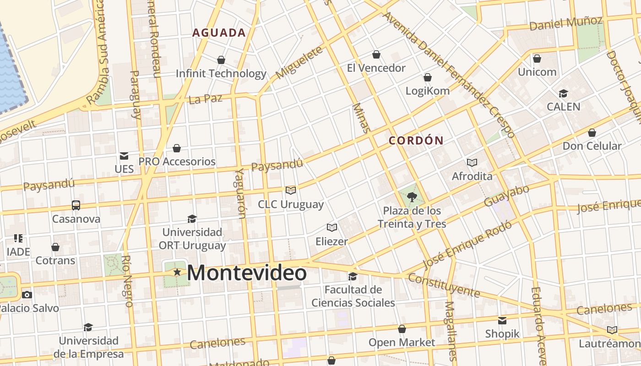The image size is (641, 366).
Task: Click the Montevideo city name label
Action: coord(247,273)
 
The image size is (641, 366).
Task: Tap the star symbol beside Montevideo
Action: coord(177,272)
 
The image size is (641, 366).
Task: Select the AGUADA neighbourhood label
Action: coord(219,33)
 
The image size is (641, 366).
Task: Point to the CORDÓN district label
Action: coord(416,141)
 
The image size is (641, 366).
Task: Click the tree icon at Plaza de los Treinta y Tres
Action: coord(412,197)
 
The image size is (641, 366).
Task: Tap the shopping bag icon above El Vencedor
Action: coord(376,55)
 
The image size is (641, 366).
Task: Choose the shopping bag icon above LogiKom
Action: coord(428,77)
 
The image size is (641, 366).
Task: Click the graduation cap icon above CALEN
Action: coord(563,94)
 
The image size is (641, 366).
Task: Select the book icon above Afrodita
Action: coord(472,162)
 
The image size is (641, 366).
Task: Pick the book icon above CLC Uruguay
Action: coord(291,190)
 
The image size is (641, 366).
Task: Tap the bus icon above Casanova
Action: coord(76,205)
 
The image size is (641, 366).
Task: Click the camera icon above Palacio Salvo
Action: coord(27,295)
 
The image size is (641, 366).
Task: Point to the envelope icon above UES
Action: coord(124,156)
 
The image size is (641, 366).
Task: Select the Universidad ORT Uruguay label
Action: coord(192,239)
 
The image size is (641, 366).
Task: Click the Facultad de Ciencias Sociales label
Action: coord(353,296)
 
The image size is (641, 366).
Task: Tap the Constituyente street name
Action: coord(443,285)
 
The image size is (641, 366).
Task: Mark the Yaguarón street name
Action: coord(241,193)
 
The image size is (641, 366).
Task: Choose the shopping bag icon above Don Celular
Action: coord(592,133)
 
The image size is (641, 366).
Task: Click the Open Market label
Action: coord(402,342)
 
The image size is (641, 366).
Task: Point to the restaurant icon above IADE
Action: coord(18,238)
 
